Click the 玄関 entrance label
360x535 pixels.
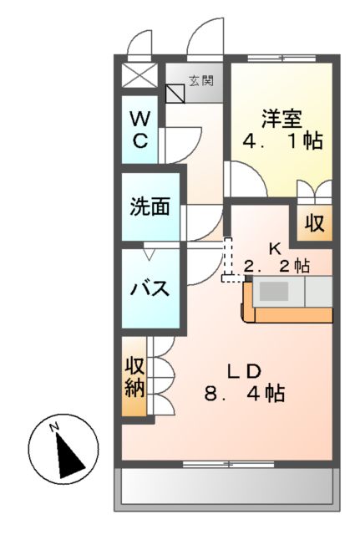click(200, 81)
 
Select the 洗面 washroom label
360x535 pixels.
click(150, 207)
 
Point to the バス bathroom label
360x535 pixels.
click(150, 289)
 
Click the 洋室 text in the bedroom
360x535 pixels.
click(278, 118)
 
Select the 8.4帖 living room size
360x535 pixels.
click(246, 393)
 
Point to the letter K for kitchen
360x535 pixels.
click(274, 248)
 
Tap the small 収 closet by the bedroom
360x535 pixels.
click(313, 223)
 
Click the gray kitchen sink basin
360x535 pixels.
click(275, 292)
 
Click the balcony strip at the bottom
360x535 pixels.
click(227, 487)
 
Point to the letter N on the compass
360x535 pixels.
click(53, 428)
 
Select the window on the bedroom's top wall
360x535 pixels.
click(281, 58)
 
